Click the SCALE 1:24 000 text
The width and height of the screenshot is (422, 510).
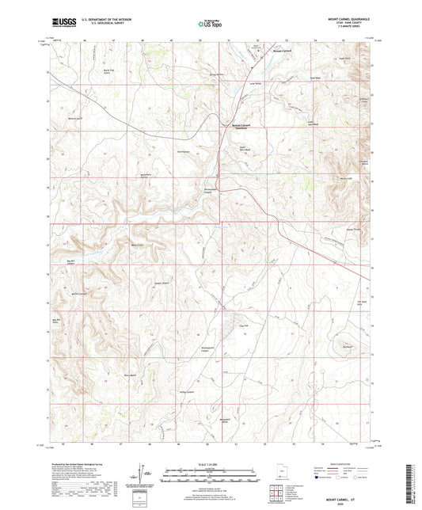[211, 464]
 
